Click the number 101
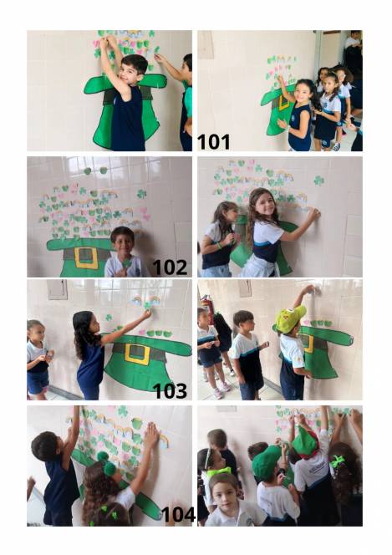click(x=213, y=141)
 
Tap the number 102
click(x=170, y=267)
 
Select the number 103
click(x=170, y=391)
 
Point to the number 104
click(x=178, y=514)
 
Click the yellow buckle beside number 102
click(x=86, y=257)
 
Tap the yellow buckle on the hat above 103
click(x=137, y=354)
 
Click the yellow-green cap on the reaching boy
click(x=289, y=318)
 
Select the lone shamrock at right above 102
click(x=141, y=194)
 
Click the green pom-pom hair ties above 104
click(x=107, y=463)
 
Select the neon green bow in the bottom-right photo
click(x=337, y=461)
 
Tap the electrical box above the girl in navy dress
click(x=58, y=289)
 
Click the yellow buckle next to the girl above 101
click(x=283, y=103)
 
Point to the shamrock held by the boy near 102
click(x=126, y=263)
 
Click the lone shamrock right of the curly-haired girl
click(x=318, y=181)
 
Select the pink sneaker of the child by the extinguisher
click(x=218, y=394)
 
